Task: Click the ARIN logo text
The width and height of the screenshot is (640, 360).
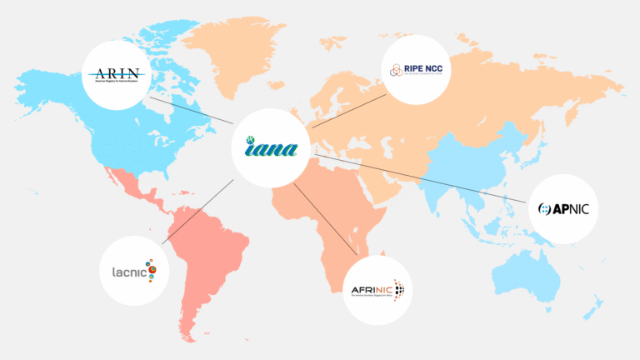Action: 117,74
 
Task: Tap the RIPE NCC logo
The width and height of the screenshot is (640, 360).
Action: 416,68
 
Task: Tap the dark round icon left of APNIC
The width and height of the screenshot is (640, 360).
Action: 546,208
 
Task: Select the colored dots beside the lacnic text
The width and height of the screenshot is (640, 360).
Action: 152,269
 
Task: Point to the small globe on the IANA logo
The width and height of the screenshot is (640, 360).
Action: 250,141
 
